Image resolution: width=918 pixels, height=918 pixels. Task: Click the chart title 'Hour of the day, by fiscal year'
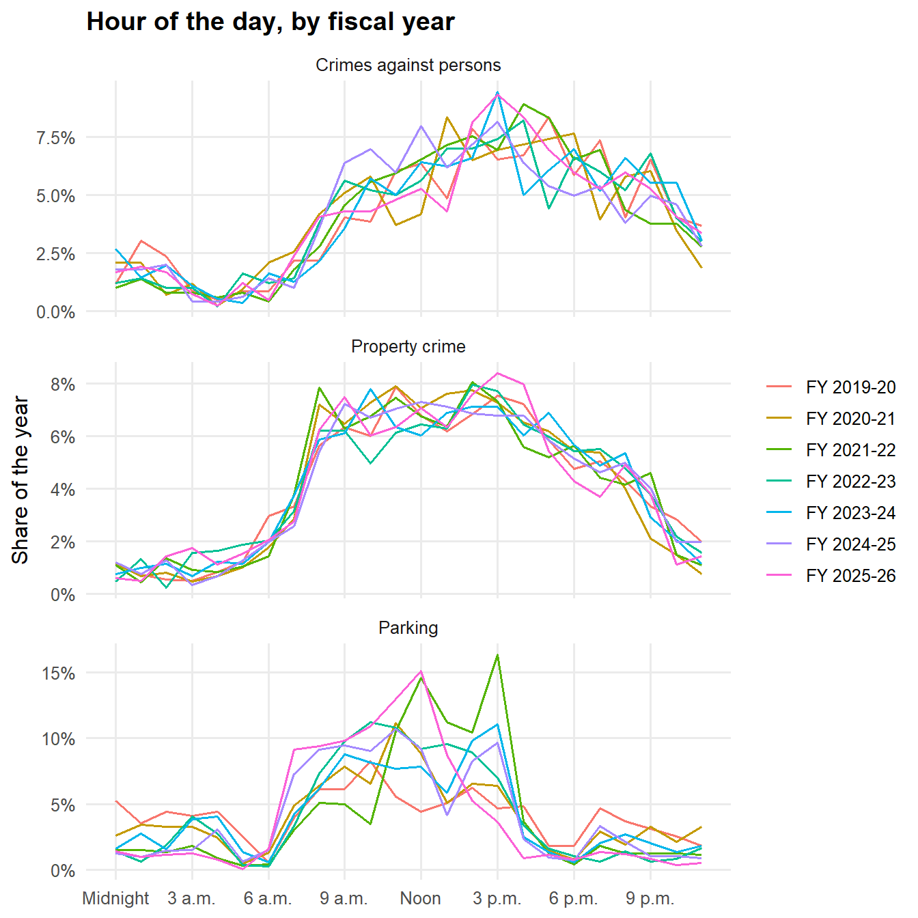pos(270,22)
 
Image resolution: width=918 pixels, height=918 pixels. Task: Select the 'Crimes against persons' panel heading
pos(408,66)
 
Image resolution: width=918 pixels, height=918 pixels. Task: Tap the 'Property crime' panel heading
pos(408,346)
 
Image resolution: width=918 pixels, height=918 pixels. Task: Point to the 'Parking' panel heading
pos(408,628)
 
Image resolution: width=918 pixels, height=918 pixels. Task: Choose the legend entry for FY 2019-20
pos(831,387)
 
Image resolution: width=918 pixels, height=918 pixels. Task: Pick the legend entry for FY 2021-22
pos(831,449)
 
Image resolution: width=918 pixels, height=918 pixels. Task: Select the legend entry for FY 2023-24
pos(831,512)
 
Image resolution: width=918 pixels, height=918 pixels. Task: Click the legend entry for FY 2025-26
pos(831,576)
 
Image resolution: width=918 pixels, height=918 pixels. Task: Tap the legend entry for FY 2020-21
pos(831,418)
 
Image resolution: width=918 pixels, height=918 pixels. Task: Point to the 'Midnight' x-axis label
pos(115,898)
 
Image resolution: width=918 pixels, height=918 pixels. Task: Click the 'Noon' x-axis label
pos(421,898)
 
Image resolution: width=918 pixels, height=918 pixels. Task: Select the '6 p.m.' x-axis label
pos(574,898)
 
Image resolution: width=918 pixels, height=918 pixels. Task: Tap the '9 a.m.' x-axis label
pos(344,898)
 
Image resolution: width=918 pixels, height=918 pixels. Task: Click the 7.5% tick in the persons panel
pos(56,138)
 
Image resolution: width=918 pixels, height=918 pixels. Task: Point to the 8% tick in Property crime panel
pos(63,385)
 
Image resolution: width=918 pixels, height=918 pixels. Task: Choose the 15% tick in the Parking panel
pos(59,673)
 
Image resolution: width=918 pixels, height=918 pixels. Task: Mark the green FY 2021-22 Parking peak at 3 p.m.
pos(497,655)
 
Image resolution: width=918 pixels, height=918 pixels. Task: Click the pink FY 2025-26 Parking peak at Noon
pos(421,671)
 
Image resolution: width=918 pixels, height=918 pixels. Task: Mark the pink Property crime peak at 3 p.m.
pos(497,374)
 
